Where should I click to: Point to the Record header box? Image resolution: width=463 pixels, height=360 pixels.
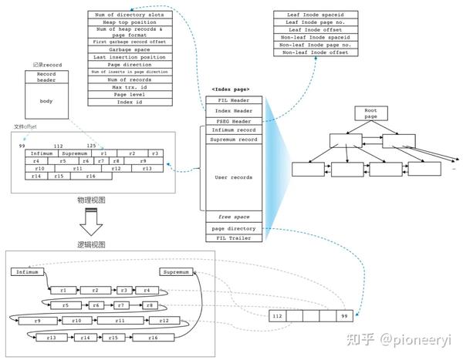[x=46, y=77]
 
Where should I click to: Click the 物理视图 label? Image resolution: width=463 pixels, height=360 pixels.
[x=90, y=200]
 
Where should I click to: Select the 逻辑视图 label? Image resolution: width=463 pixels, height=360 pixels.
[x=91, y=244]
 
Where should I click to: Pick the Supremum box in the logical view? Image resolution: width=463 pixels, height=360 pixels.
[x=177, y=272]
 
